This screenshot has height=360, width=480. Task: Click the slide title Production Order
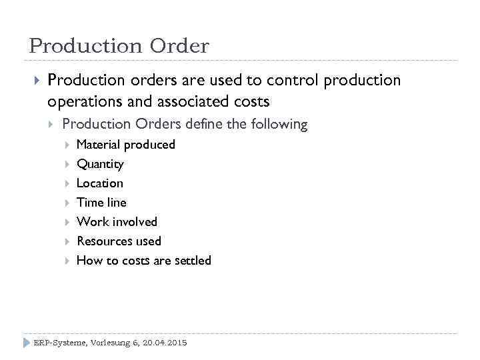pos(119,45)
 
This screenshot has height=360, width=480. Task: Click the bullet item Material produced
pos(125,145)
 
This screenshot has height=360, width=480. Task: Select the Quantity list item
pos(100,164)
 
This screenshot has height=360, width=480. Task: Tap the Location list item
pos(99,183)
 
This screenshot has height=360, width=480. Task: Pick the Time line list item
pos(101,203)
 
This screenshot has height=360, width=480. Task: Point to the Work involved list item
pos(117,222)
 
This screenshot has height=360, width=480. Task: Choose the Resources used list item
pos(119,241)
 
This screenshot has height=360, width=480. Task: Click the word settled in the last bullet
pos(192,261)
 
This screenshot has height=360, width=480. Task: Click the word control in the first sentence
pos(292,81)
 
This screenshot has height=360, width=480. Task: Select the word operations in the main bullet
pos(84,101)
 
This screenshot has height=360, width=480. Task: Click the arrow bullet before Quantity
pos(66,164)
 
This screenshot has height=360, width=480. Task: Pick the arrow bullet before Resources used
pos(66,241)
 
